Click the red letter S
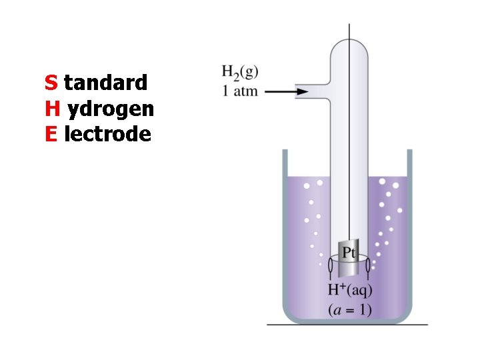click(x=51, y=83)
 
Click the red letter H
click(x=52, y=109)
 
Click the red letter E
click(x=51, y=135)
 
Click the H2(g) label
click(x=240, y=72)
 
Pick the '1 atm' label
click(x=239, y=90)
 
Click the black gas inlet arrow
click(x=280, y=91)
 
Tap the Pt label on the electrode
click(x=350, y=253)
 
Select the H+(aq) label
click(x=350, y=290)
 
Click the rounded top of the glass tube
click(x=350, y=45)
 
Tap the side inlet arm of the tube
click(x=313, y=92)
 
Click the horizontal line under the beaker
click(x=347, y=325)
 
